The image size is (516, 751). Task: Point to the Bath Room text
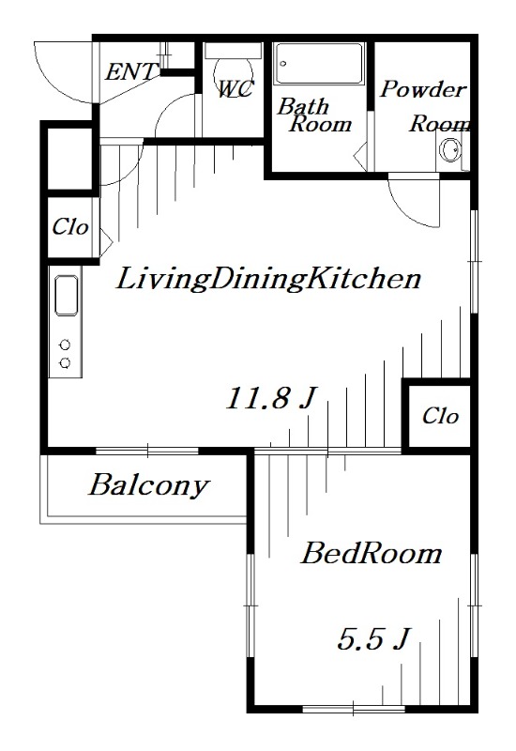313,115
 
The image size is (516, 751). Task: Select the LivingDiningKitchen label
266,279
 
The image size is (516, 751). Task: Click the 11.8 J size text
268,399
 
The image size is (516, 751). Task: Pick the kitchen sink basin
68,297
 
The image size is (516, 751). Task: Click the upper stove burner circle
66,345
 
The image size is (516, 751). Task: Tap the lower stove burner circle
66,362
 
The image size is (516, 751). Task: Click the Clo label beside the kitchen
69,227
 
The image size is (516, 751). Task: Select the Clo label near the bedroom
439,416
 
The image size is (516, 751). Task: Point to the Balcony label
148,486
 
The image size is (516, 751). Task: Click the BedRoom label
371,554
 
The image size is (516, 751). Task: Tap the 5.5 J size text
372,640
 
